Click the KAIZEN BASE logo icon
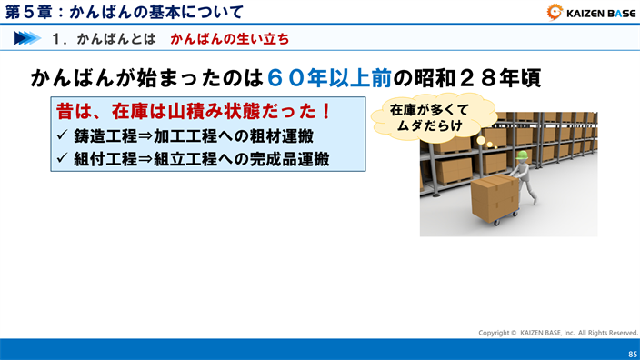555,12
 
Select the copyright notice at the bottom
558,333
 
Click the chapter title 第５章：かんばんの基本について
125,12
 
